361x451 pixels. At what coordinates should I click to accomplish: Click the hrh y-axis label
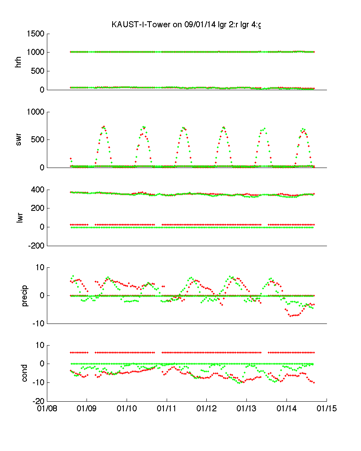[x=18, y=62]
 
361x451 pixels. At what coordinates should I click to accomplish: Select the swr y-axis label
[x=18, y=140]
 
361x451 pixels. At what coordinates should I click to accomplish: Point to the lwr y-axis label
[x=18, y=217]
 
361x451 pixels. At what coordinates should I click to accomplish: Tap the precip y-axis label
[x=25, y=295]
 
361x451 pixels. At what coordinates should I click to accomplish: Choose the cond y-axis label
[x=25, y=373]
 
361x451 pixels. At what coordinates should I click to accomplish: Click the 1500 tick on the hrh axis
[x=35, y=34]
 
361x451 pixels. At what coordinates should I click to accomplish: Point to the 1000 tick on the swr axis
[x=35, y=112]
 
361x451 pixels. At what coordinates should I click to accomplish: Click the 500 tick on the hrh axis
[x=38, y=71]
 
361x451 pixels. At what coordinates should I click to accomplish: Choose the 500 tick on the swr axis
[x=38, y=140]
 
